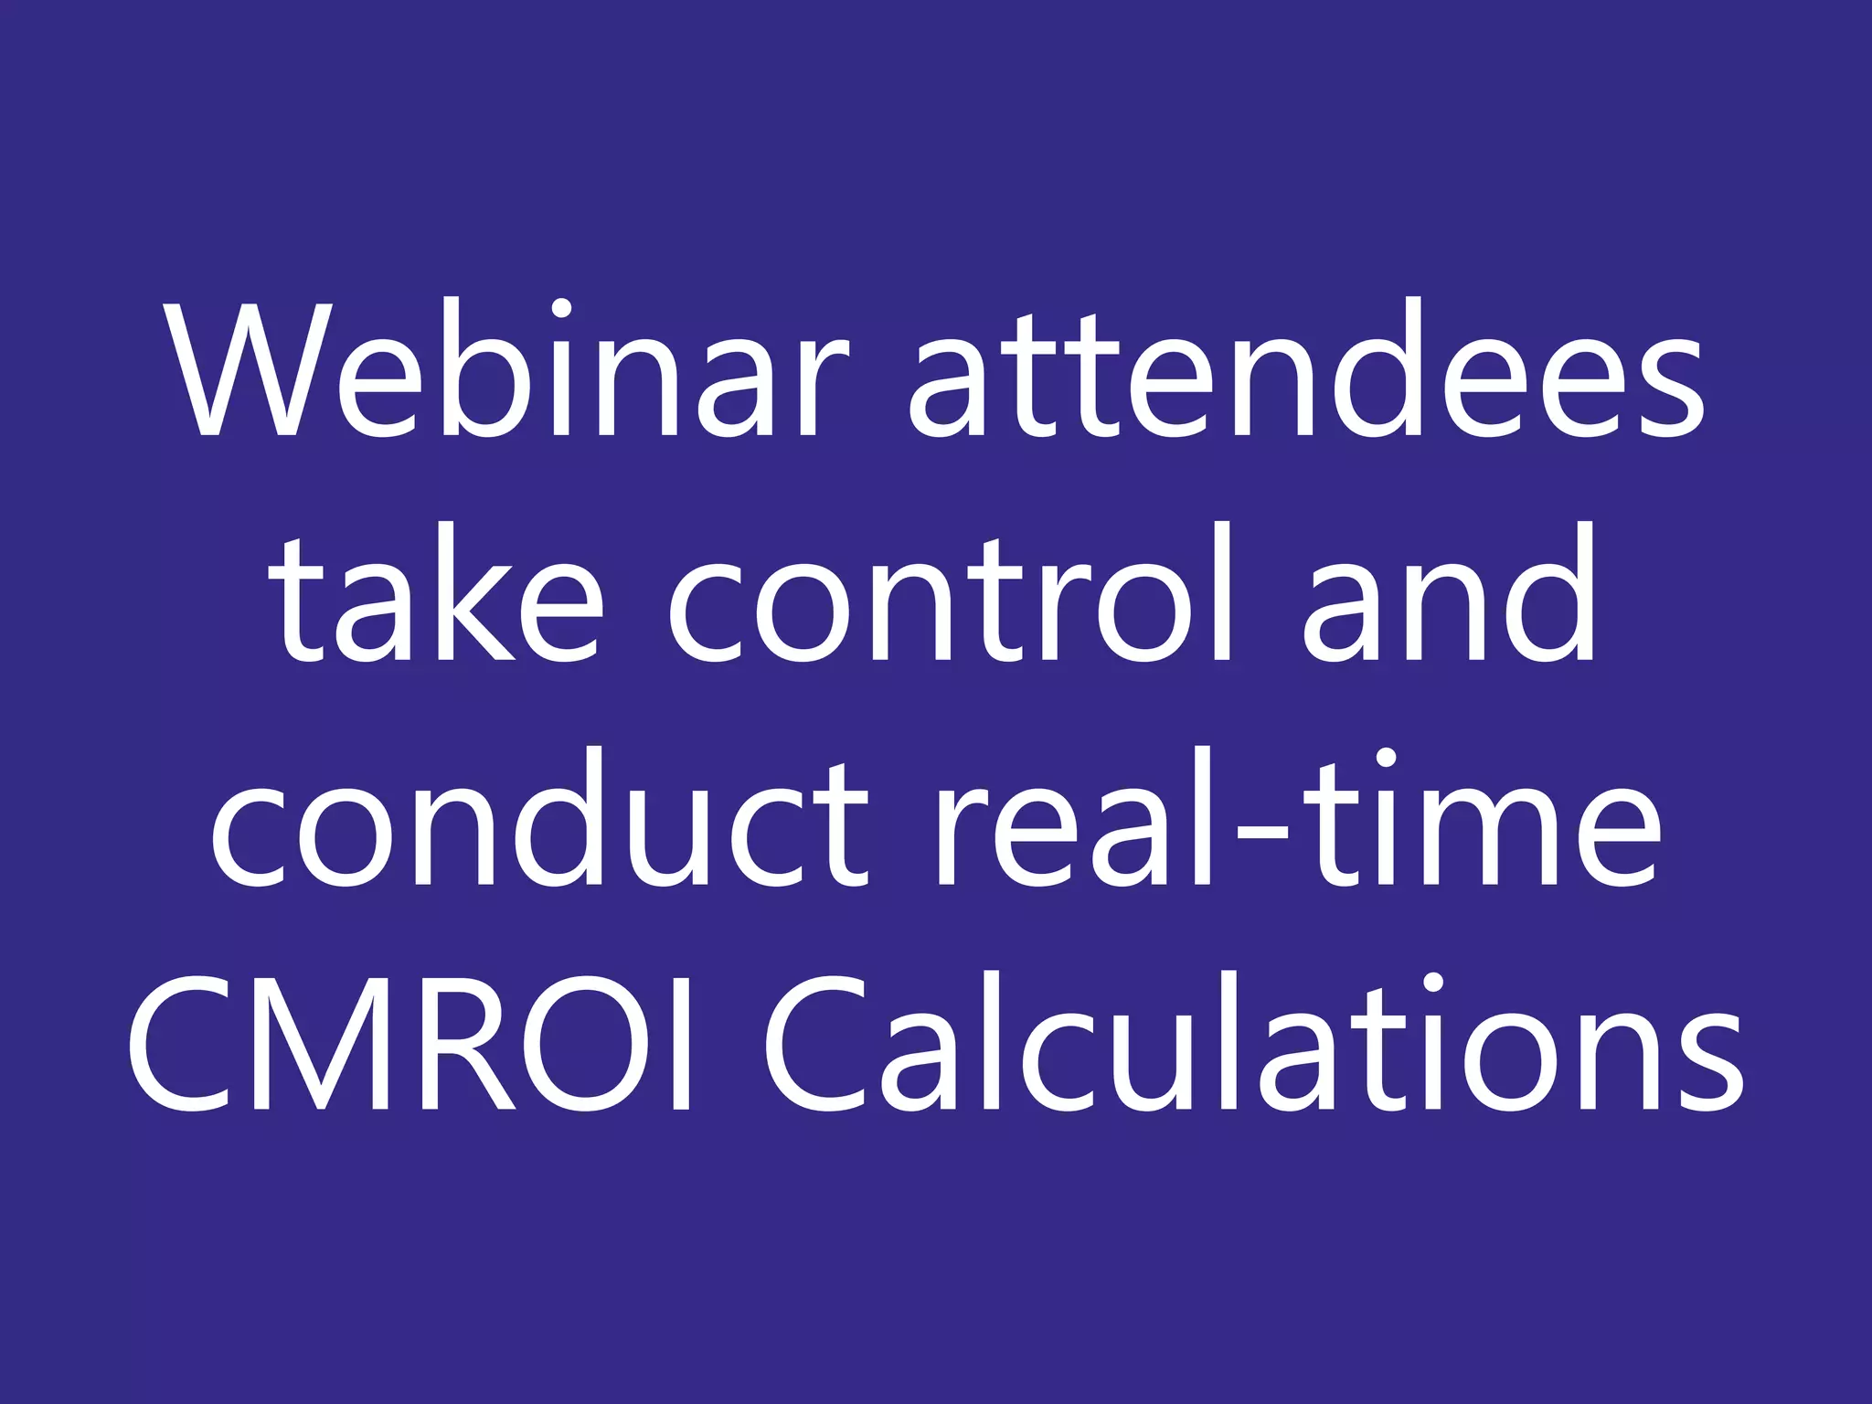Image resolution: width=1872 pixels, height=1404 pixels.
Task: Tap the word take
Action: (439, 594)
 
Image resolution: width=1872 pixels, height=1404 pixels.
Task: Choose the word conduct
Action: (539, 819)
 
